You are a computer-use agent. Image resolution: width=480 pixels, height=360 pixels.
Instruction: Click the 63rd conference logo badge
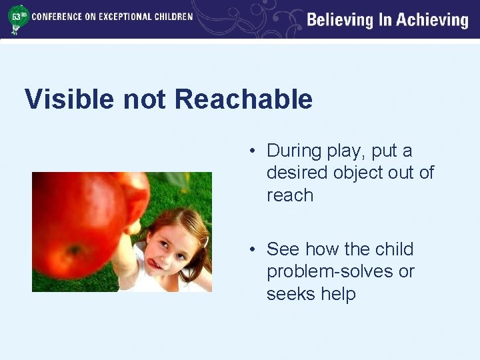click(x=18, y=18)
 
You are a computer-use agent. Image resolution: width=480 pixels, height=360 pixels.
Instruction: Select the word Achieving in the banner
click(x=433, y=20)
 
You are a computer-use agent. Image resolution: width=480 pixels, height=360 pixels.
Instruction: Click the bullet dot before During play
click(x=253, y=151)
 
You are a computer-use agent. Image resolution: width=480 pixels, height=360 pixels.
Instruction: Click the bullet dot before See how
click(x=253, y=250)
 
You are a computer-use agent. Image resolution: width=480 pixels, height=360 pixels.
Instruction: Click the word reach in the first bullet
click(x=289, y=195)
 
